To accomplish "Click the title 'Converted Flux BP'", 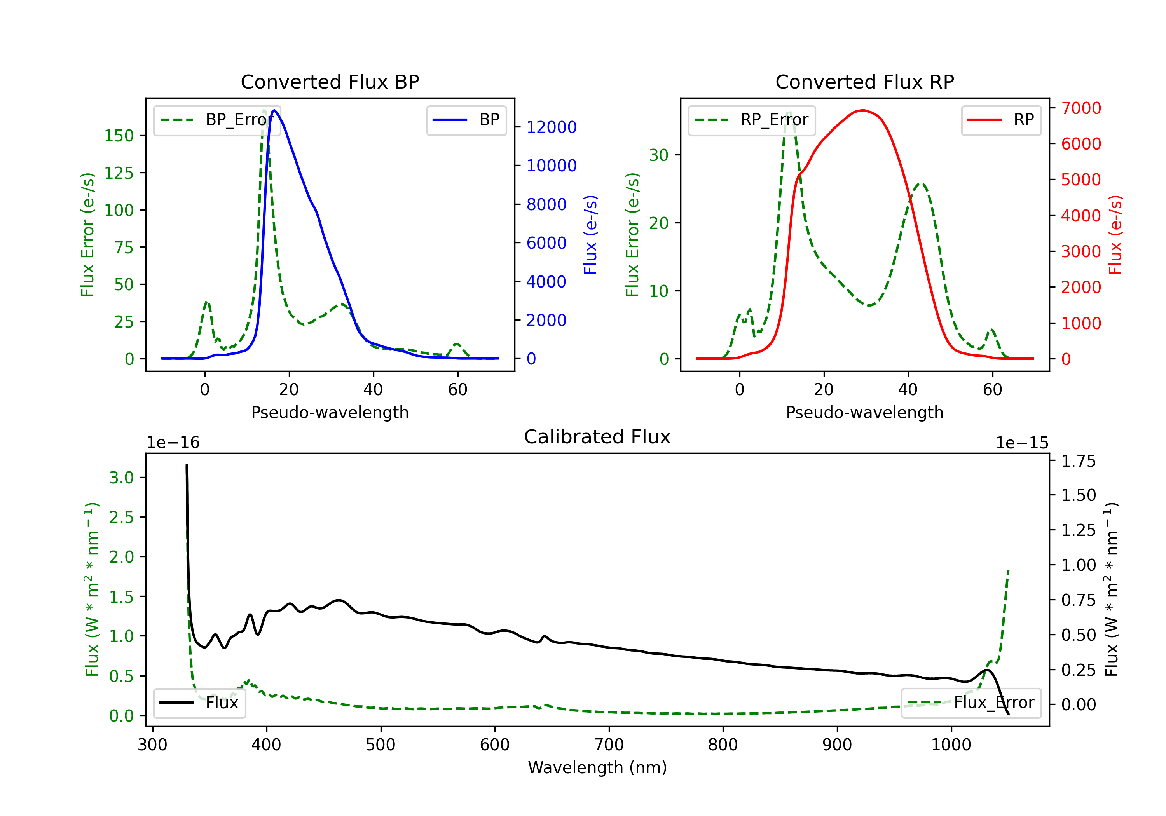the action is point(330,82).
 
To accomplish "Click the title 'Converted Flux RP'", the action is point(865,82).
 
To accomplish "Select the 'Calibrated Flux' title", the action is point(597,437).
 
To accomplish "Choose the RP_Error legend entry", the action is point(752,120).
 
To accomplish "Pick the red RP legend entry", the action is point(1001,120).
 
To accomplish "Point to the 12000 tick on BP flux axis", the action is point(552,127).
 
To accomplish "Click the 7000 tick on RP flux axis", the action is point(1081,108).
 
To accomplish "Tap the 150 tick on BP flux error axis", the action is point(119,136).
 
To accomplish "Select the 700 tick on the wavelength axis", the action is point(609,745).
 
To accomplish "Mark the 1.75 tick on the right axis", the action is point(1079,461).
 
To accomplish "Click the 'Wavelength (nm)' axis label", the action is point(597,767).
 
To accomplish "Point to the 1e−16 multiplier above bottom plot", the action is point(173,443).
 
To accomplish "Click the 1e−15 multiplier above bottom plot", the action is point(1022,443).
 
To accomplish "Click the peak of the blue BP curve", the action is point(274,110).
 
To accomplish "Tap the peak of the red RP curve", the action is point(863,110).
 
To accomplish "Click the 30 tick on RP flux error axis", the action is point(659,155).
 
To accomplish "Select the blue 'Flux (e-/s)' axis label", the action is point(591,235).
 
